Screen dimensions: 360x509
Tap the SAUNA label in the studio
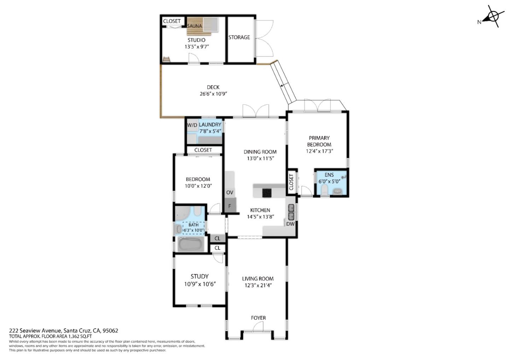click(x=194, y=26)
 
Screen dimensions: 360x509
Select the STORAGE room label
click(x=239, y=37)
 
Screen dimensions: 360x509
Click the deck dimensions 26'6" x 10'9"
click(x=213, y=94)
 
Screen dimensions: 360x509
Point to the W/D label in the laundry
click(x=192, y=125)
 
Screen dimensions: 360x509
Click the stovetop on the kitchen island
click(x=267, y=193)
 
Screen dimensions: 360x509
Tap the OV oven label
click(x=230, y=192)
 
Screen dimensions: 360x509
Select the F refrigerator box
click(x=230, y=206)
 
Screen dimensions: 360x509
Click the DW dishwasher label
click(x=290, y=224)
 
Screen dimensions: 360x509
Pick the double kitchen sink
click(x=291, y=212)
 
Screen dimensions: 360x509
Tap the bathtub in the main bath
click(x=191, y=244)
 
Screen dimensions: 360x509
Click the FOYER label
click(x=258, y=318)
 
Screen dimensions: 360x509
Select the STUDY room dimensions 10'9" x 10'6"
click(x=200, y=284)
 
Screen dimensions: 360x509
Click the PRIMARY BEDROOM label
click(x=319, y=141)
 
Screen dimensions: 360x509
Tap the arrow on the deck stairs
click(x=283, y=85)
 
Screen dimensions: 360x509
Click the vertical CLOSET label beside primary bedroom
click(x=291, y=182)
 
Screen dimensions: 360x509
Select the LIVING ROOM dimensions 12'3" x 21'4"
click(x=258, y=285)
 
